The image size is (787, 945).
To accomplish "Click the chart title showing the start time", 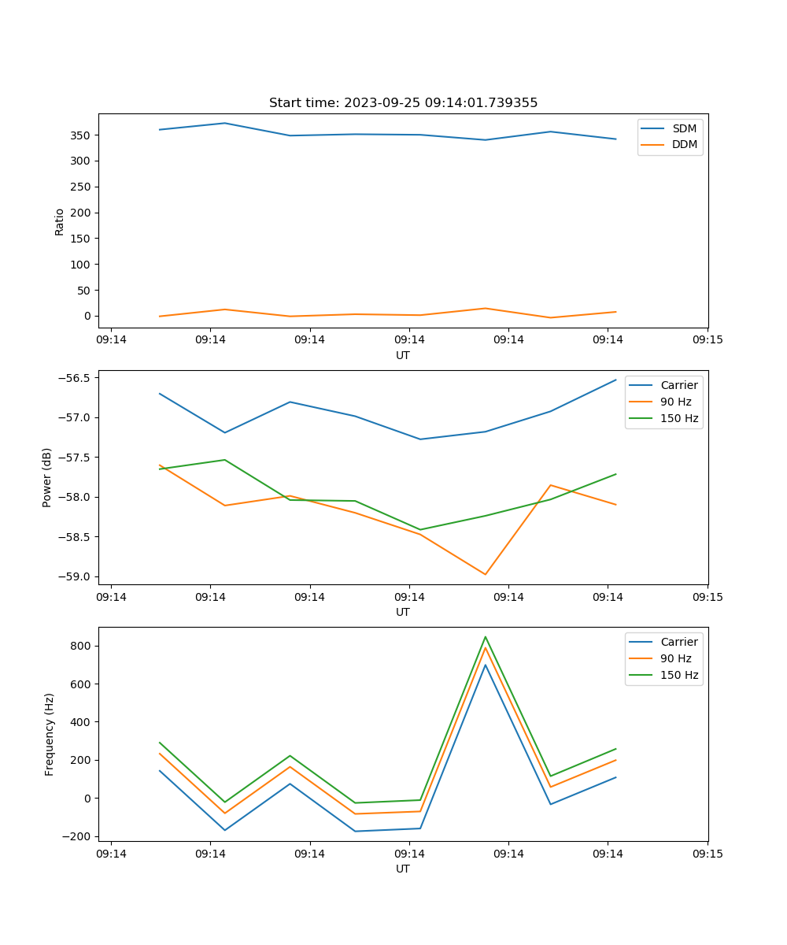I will (403, 103).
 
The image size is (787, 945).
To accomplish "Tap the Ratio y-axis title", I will (60, 221).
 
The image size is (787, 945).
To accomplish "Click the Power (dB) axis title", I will (47, 477).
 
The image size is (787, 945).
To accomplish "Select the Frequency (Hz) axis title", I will (50, 734).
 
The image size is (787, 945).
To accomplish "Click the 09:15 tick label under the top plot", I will (708, 340).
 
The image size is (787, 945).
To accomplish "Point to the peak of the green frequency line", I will (486, 637).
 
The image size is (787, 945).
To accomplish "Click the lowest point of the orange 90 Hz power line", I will (486, 574).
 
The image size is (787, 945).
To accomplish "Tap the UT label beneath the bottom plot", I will (403, 869).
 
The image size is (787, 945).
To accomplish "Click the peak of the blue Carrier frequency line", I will (486, 665).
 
